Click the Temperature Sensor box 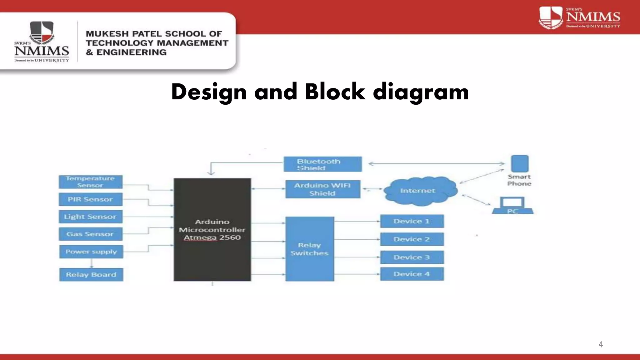(90, 182)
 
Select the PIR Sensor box (90, 199)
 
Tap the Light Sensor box (90, 217)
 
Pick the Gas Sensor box (90, 234)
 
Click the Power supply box (91, 252)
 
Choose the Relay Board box (91, 275)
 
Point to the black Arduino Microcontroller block (212, 230)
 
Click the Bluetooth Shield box (322, 164)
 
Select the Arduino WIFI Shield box (322, 189)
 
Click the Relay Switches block (309, 249)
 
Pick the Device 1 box (412, 221)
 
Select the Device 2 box (412, 239)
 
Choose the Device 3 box (412, 257)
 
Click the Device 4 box (412, 274)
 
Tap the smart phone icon (519, 163)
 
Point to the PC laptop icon (512, 206)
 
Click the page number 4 (600, 344)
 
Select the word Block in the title (335, 92)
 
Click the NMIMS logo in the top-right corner (580, 18)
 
